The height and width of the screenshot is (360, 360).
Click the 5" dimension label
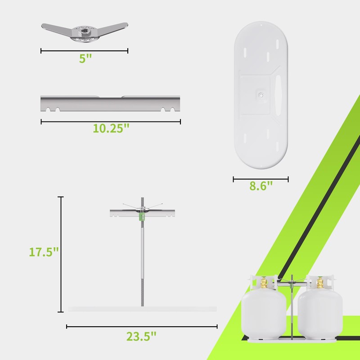85,58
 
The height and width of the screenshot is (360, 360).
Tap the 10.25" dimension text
111,128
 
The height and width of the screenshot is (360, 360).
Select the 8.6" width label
261,186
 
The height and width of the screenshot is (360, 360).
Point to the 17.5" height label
44,252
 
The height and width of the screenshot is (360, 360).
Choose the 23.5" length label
141,336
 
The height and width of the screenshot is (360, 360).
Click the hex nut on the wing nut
85,31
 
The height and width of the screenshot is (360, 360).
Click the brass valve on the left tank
264,283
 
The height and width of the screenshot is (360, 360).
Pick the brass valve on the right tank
320,283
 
